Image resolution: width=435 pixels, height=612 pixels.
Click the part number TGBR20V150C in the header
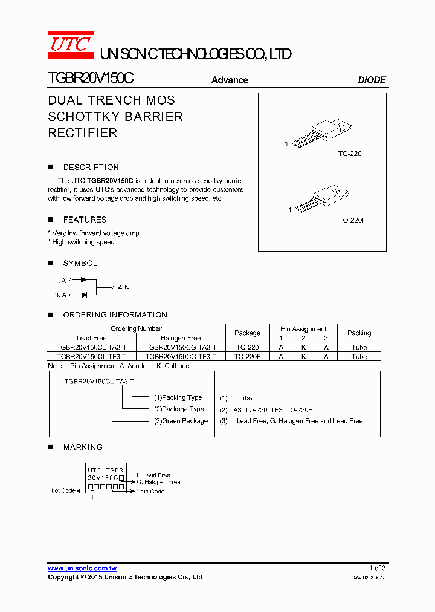pyautogui.click(x=91, y=79)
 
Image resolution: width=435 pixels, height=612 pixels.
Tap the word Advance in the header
pyautogui.click(x=230, y=80)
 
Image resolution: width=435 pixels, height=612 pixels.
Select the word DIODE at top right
pyautogui.click(x=372, y=80)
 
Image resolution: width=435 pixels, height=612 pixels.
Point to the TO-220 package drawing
pyautogui.click(x=320, y=133)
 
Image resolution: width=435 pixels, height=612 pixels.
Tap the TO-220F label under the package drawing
pyautogui.click(x=352, y=220)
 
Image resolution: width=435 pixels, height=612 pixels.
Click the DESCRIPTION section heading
pyautogui.click(x=91, y=168)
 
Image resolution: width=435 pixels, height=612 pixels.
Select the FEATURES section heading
pyautogui.click(x=85, y=220)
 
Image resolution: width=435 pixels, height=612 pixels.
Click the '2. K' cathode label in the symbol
pyautogui.click(x=123, y=287)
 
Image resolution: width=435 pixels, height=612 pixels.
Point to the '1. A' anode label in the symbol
pyautogui.click(x=60, y=281)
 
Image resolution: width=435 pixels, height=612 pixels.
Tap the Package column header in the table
pyautogui.click(x=247, y=333)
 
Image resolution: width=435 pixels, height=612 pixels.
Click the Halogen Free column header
pyautogui.click(x=181, y=338)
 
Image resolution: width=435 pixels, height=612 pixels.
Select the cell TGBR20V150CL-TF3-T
pyautogui.click(x=92, y=357)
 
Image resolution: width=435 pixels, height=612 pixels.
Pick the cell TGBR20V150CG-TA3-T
pyautogui.click(x=181, y=348)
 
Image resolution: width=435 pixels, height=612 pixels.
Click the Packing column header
pyautogui.click(x=359, y=333)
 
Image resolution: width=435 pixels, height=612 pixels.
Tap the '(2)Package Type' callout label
pyautogui.click(x=179, y=409)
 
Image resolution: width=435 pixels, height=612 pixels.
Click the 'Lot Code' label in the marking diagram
pyautogui.click(x=63, y=490)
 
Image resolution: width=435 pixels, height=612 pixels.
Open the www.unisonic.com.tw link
pyautogui.click(x=82, y=568)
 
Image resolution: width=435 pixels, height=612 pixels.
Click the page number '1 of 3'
pyautogui.click(x=377, y=568)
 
